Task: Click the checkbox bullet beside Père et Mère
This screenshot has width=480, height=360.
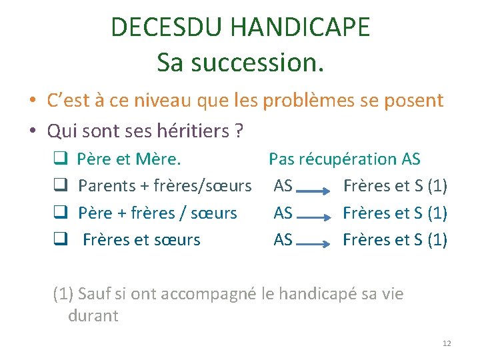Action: (58, 159)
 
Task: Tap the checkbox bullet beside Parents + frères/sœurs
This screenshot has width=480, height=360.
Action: (58, 186)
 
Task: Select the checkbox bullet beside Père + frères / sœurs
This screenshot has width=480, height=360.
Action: (58, 213)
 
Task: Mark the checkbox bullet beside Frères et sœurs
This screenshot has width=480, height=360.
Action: (58, 240)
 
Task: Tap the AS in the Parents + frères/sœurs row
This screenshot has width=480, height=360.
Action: (283, 186)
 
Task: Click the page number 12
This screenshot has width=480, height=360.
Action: (447, 343)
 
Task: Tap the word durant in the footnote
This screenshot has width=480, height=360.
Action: (93, 316)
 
